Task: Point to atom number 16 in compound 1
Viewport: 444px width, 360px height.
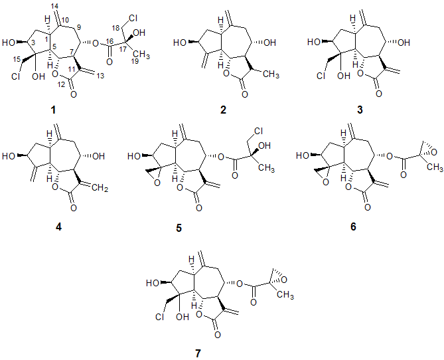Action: pos(108,39)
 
